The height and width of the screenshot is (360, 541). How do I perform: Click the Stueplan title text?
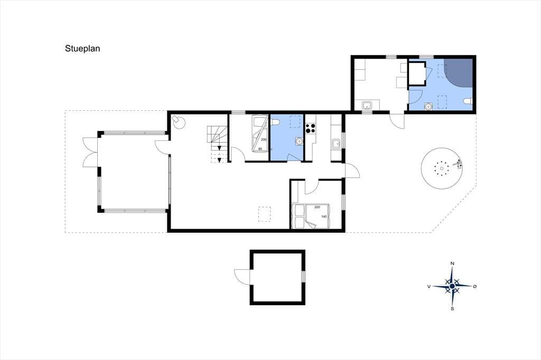82,49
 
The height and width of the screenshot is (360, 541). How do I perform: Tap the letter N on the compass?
452,264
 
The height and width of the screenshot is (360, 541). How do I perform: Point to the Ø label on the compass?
475,286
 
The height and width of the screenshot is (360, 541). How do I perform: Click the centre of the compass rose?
452,286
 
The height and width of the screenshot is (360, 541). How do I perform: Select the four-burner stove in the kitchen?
311,128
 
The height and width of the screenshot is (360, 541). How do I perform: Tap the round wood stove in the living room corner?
179,121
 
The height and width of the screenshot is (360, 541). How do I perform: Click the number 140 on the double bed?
324,216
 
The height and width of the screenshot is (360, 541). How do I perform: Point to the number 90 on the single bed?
260,149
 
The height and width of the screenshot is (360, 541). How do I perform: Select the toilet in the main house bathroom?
275,122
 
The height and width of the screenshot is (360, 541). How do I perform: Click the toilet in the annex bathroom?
468,101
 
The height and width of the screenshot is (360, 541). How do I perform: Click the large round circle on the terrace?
441,168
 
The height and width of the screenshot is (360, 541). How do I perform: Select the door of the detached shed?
242,277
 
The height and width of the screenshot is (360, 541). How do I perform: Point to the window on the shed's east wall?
303,277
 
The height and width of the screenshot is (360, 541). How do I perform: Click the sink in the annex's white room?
367,105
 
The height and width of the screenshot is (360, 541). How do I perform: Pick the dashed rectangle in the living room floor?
265,214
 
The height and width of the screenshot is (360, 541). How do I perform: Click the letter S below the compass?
452,309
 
